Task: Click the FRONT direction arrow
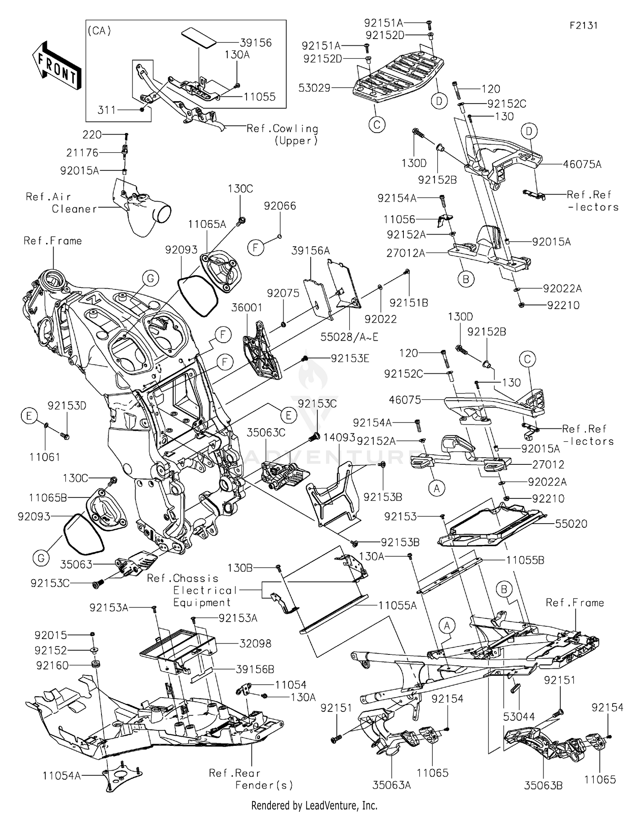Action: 56,65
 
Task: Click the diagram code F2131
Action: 583,26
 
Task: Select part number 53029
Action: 314,88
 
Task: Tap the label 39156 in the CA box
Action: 256,43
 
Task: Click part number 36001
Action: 247,307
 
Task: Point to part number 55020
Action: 571,524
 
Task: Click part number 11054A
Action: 61,776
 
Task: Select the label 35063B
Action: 543,785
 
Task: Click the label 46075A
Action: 582,164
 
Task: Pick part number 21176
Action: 82,153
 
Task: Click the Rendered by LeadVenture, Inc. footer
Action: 314,805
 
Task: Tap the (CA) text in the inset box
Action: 99,31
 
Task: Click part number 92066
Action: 280,206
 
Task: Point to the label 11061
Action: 44,457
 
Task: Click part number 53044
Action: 519,717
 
